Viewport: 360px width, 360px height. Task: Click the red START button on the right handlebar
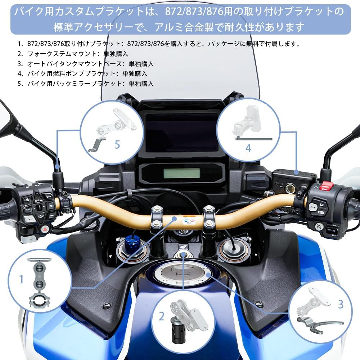326,186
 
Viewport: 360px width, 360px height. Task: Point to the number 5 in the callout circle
117,145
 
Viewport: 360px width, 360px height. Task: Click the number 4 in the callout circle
248,148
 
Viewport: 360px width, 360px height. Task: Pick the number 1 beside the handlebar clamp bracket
21,279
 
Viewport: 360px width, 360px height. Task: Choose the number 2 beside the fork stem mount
162,317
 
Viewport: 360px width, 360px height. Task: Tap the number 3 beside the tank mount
341,304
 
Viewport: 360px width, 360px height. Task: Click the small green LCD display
181,174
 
